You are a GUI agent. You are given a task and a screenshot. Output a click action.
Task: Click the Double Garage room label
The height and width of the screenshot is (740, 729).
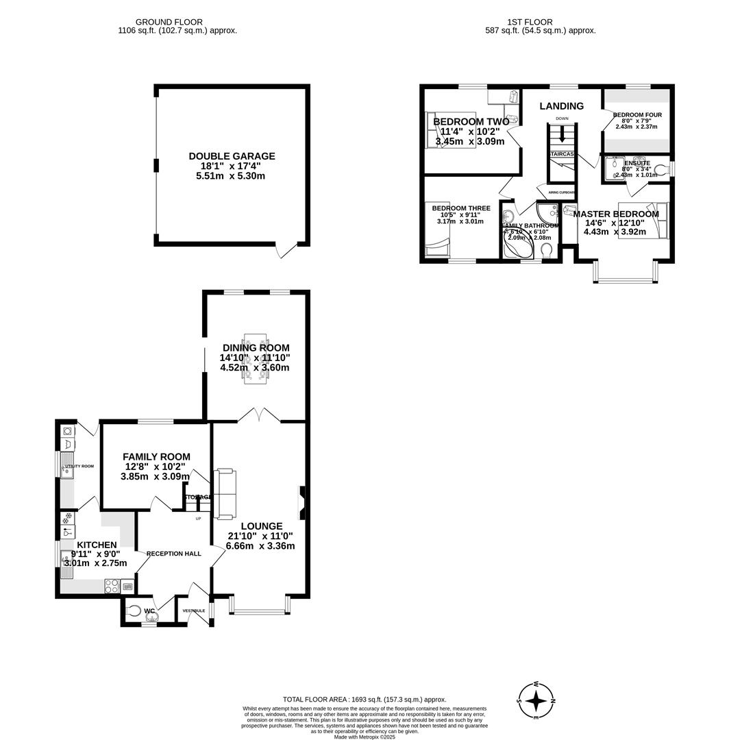click(232, 156)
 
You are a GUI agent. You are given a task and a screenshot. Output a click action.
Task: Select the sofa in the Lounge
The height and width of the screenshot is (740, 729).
click(224, 493)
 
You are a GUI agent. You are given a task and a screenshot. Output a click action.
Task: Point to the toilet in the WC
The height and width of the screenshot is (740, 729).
click(134, 610)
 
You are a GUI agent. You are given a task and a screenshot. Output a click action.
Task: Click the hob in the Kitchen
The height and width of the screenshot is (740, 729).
click(111, 586)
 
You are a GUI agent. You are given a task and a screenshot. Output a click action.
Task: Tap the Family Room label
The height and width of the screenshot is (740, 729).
click(156, 457)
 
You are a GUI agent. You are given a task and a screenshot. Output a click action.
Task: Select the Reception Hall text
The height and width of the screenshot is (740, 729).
click(173, 553)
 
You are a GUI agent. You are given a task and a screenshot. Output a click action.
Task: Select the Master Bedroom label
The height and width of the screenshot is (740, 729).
click(616, 214)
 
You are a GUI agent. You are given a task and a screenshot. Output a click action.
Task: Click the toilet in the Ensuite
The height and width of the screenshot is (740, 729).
click(660, 169)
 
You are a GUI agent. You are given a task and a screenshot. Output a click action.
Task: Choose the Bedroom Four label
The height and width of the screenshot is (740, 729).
click(637, 115)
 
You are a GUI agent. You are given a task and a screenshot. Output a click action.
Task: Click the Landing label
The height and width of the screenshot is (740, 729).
click(561, 106)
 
